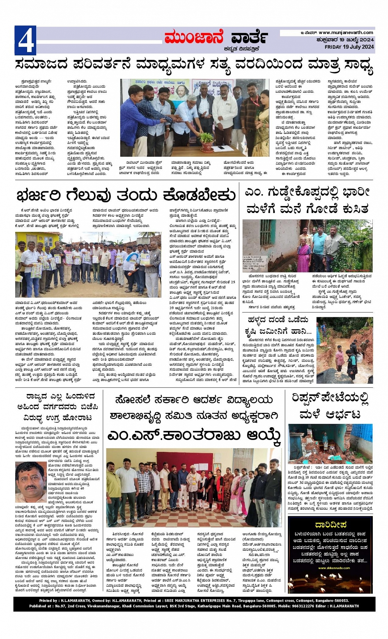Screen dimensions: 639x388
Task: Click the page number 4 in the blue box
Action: coord(25,41)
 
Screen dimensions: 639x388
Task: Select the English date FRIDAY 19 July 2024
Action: coord(349,47)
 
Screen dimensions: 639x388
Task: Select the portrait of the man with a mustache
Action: coord(31,482)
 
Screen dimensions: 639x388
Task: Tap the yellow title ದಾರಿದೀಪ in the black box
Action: coord(331,524)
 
